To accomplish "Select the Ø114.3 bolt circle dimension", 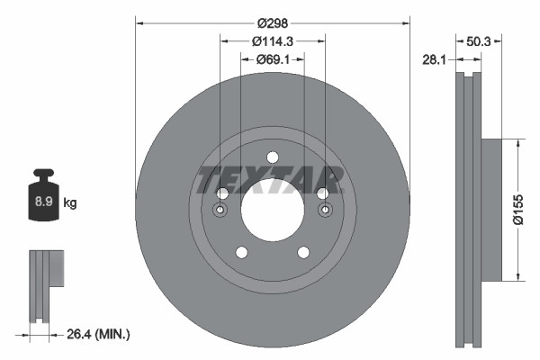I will coord(272,41).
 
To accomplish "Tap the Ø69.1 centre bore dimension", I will coord(272,59).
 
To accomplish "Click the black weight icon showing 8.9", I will coord(43,200).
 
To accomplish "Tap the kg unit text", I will coord(70,203).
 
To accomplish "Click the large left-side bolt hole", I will coord(222,193).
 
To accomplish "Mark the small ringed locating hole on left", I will coord(221,211).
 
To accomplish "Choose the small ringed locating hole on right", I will coord(325,211).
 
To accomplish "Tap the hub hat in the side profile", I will coord(494,209).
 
